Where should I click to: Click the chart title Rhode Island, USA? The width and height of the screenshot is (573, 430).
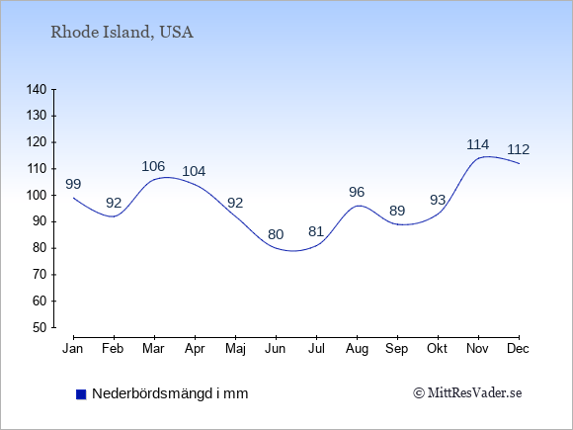pos(122,33)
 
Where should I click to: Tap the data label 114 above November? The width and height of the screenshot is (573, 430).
pos(477,144)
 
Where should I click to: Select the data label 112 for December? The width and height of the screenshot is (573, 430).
pos(519,149)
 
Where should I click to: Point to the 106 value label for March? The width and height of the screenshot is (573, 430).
pos(153,166)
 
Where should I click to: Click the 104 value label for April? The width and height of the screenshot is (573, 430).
pos(194,171)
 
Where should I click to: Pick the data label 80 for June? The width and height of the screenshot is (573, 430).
pos(276,234)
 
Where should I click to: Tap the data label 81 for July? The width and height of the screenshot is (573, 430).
pos(316,231)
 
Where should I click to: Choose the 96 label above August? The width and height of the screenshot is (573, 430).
pos(357,192)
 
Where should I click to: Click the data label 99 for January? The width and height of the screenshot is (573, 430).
pos(73,184)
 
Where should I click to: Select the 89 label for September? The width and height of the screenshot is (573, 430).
pos(397,211)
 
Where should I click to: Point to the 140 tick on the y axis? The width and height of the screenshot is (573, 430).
pos(37,89)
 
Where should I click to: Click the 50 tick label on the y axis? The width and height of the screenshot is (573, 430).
pos(41,327)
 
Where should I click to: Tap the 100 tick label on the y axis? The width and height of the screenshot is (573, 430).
pos(37,196)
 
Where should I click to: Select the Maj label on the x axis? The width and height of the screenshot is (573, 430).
pos(235,349)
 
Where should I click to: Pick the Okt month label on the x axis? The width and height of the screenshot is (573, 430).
pos(437,349)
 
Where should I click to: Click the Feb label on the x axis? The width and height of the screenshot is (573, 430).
pos(113,349)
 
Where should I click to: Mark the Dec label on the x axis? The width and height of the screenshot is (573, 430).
pos(519,349)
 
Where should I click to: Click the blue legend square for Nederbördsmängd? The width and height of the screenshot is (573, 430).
pos(81,394)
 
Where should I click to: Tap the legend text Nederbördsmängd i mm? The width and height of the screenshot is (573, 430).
pos(170,393)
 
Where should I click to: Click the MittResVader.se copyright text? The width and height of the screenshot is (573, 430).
pos(467,393)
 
